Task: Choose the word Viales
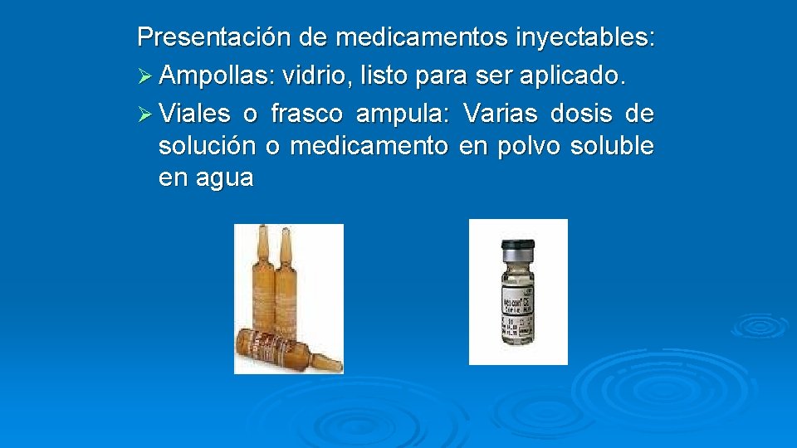click(196, 113)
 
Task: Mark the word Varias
click(500, 113)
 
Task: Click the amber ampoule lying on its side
click(282, 349)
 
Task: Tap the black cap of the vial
click(517, 246)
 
